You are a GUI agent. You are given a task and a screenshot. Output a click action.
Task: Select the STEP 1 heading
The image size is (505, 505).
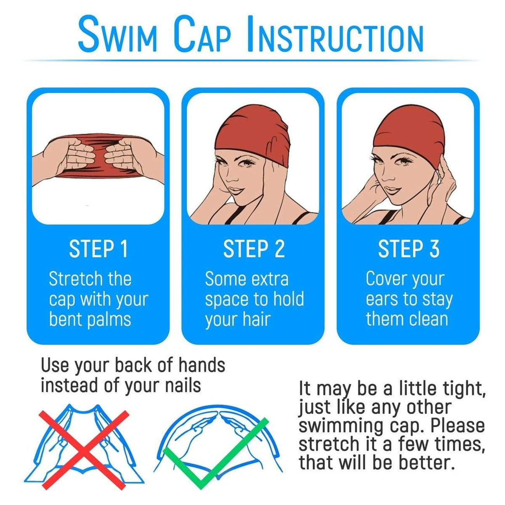click(98, 249)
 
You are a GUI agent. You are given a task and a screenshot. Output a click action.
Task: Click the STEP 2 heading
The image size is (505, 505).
click(253, 249)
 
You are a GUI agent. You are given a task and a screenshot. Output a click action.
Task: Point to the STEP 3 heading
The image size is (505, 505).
click(408, 249)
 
